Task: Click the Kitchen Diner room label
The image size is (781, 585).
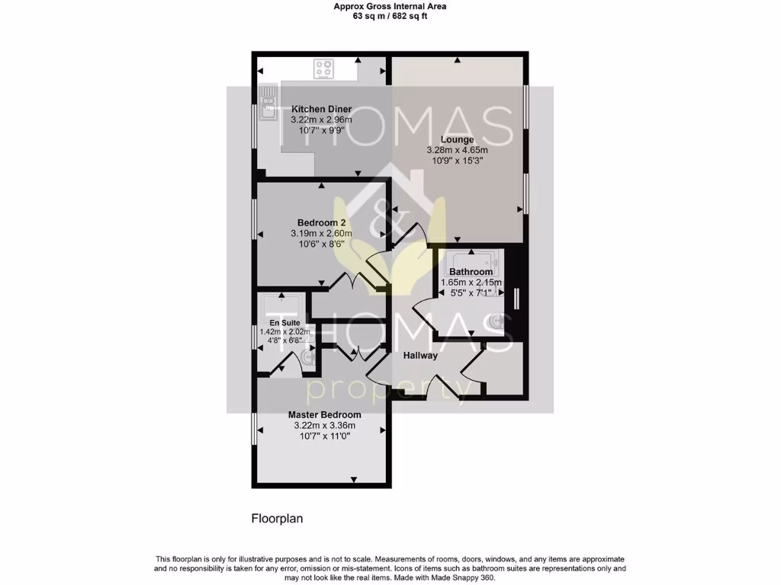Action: coord(321,110)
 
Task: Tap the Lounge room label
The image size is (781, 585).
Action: coord(457,139)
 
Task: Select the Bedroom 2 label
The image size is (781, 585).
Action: coord(322,222)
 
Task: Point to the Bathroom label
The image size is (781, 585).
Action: coord(471,272)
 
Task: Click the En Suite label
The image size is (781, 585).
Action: coord(285,323)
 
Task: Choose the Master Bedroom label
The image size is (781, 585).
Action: coord(324,415)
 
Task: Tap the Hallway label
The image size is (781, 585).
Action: coord(420,355)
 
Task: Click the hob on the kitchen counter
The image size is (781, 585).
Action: coord(324,69)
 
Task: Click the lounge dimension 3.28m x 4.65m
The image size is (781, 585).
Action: coord(457,150)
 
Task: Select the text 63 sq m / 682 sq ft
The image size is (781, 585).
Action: coord(390,16)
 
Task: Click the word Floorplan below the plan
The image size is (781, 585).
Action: coord(278,519)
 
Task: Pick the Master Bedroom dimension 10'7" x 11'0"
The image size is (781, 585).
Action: coord(324,436)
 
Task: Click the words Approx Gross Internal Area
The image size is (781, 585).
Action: coord(390,6)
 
